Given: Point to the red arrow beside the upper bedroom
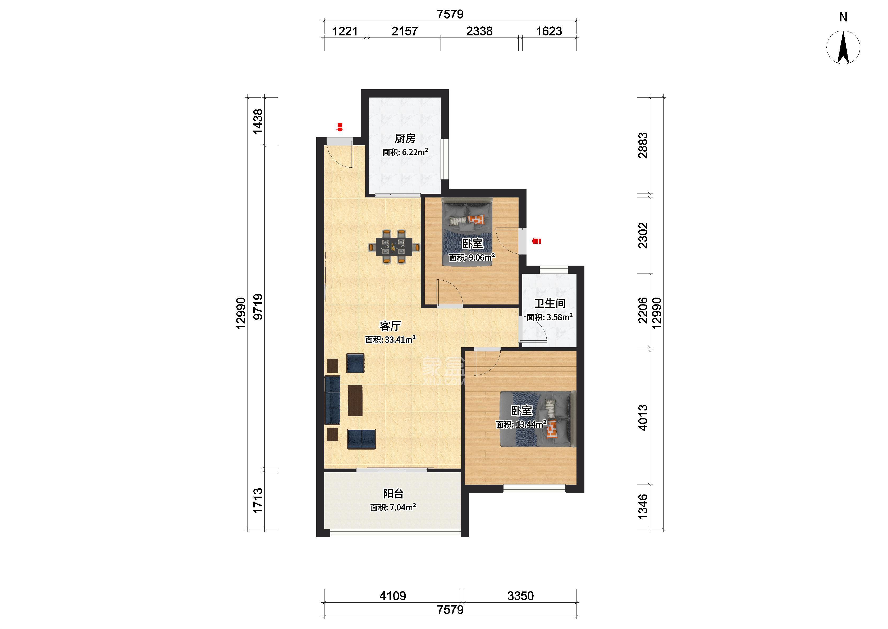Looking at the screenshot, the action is click(x=536, y=241).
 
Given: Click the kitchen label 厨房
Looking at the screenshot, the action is click(x=405, y=138).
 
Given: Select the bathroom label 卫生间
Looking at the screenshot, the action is click(x=550, y=303).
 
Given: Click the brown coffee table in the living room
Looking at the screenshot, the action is click(x=84, y=400).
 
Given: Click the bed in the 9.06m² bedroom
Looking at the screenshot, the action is click(x=467, y=232).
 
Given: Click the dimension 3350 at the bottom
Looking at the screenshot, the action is click(x=520, y=596).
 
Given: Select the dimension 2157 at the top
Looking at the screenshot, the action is click(x=405, y=31).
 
